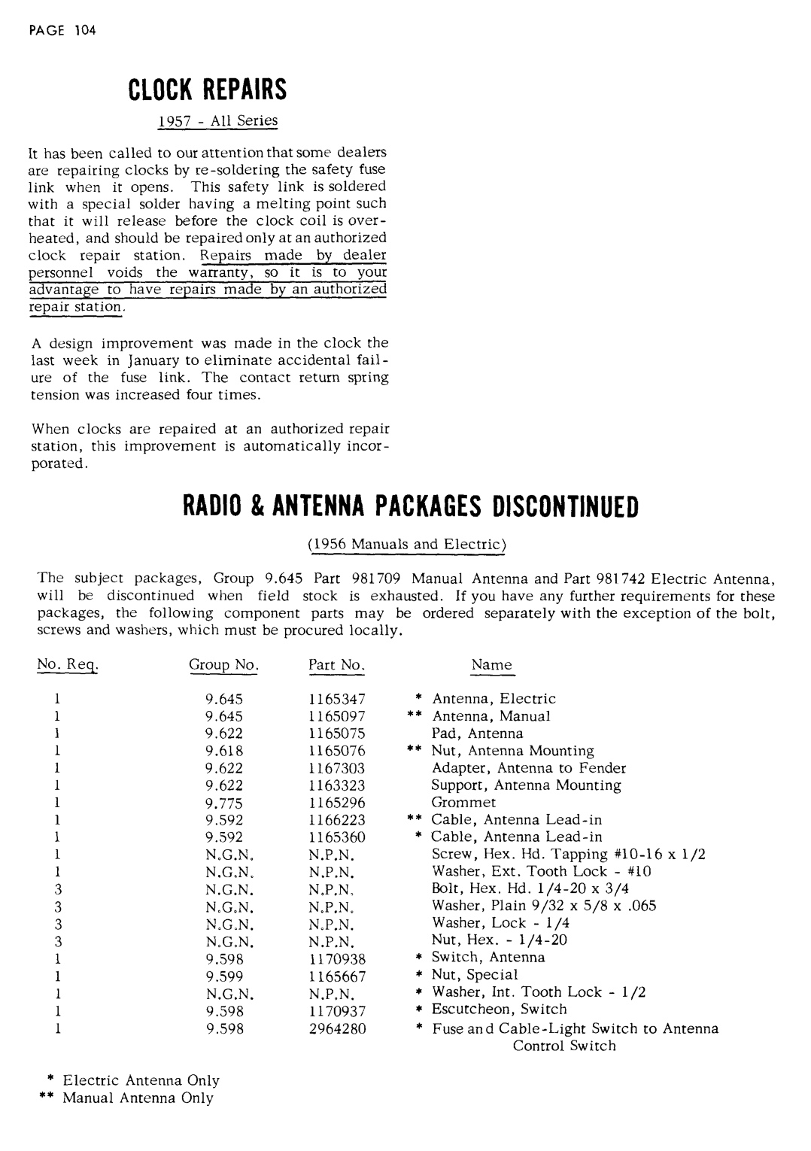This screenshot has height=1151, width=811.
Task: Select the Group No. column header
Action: coord(223,665)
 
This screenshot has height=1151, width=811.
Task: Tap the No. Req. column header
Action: coord(68,665)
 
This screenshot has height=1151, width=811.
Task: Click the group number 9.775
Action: coord(223,803)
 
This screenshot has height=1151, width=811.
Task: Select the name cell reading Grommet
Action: coord(463,803)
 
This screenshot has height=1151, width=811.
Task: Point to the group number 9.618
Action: coord(223,751)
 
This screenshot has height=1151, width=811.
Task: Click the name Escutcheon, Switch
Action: coord(499,1010)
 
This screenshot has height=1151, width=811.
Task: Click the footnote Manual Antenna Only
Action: coord(138,1098)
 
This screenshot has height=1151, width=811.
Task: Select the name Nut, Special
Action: coord(475,976)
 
